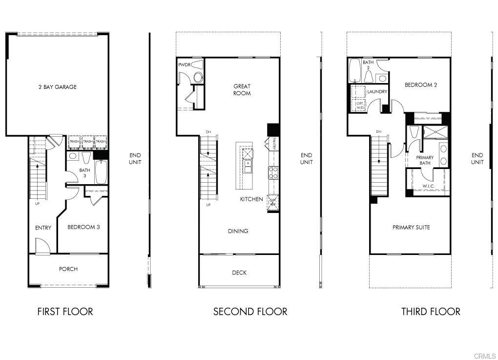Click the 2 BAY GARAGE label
(58, 87)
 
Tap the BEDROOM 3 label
(83, 227)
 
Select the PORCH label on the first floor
(68, 269)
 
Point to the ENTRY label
(43, 228)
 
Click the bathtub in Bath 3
(101, 171)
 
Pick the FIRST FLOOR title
(65, 311)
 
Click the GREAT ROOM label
(242, 90)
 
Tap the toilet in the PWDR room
(198, 77)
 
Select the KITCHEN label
(251, 199)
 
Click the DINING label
(238, 231)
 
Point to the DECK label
(239, 273)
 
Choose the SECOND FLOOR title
(250, 311)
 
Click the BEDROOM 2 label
(420, 85)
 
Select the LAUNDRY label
(377, 91)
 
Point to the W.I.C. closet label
(429, 186)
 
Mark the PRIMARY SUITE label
(411, 227)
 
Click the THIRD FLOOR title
(431, 311)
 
